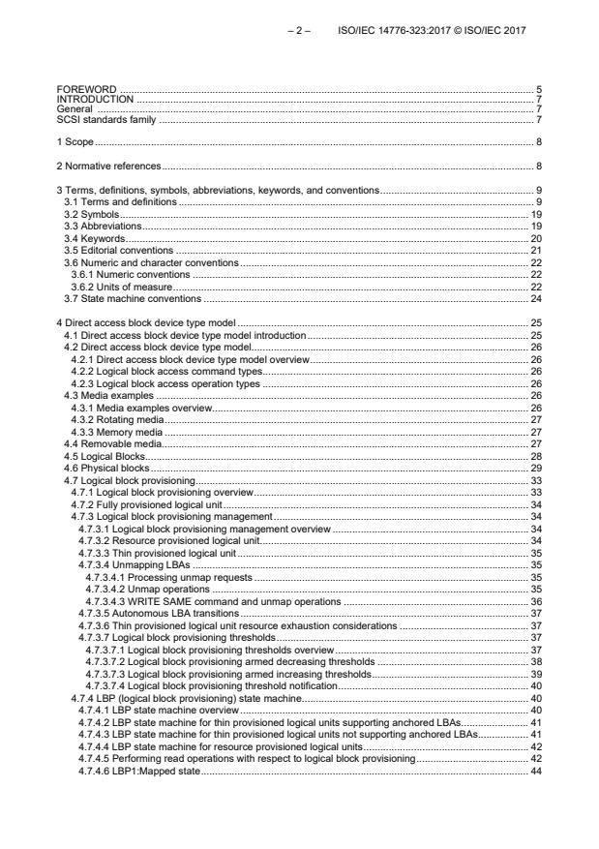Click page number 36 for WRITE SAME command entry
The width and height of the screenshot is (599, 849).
[535, 602]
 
